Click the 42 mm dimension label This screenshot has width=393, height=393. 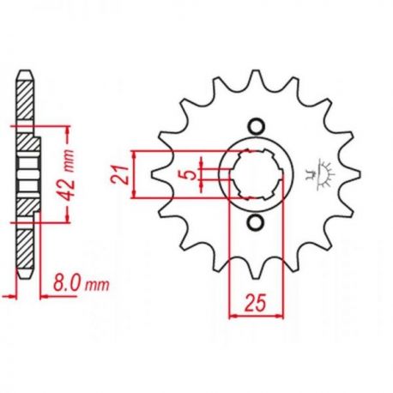point(67,173)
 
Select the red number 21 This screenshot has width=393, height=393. point(119,174)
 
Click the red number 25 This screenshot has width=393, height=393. point(255,302)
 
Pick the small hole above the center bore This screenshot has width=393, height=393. point(256,126)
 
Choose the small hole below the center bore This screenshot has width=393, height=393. point(256,222)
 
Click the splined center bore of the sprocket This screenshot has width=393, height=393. point(257,174)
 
